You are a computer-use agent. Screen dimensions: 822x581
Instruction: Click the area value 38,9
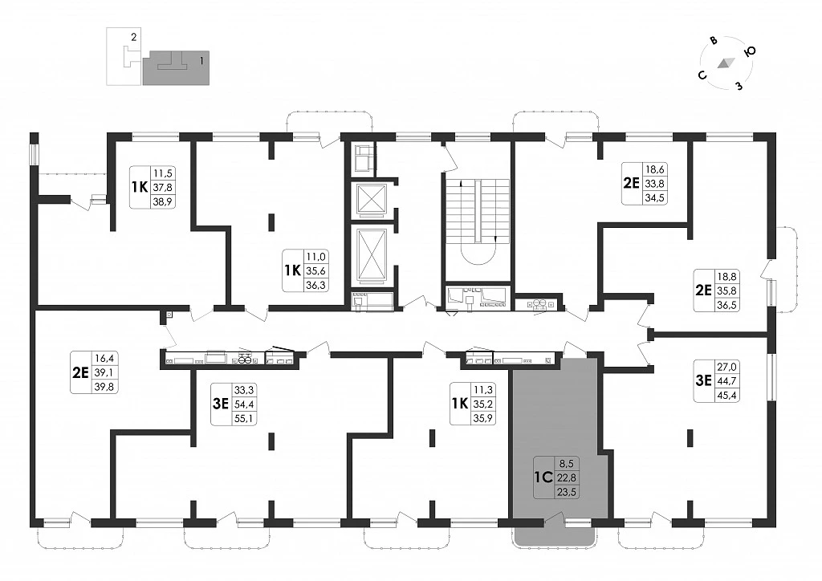tap(162, 201)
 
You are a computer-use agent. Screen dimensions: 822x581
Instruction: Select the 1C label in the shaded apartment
tap(543, 477)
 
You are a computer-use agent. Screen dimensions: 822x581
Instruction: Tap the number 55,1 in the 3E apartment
tap(244, 419)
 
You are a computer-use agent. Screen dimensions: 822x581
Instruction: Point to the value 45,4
tap(726, 396)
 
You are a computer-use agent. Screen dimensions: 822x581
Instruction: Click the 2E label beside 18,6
tap(631, 183)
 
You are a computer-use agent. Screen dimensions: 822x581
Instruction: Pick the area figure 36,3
tap(315, 286)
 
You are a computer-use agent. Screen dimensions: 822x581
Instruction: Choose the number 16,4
tap(104, 359)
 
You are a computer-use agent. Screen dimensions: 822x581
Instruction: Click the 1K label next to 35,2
tap(459, 404)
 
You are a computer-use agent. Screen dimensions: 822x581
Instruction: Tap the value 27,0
tap(726, 368)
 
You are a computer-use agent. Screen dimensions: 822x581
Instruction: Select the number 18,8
tap(726, 277)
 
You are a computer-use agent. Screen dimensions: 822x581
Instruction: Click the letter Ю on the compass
tap(751, 51)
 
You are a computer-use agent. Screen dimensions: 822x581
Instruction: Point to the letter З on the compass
tap(739, 85)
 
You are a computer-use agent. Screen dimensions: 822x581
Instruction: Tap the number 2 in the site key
tap(134, 37)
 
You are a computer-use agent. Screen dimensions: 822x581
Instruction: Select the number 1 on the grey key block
tap(201, 61)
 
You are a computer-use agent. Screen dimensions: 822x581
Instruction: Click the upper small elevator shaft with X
tap(371, 198)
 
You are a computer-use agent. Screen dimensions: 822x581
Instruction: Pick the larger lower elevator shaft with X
tap(371, 256)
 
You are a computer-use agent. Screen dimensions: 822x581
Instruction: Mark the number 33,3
tap(244, 390)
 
